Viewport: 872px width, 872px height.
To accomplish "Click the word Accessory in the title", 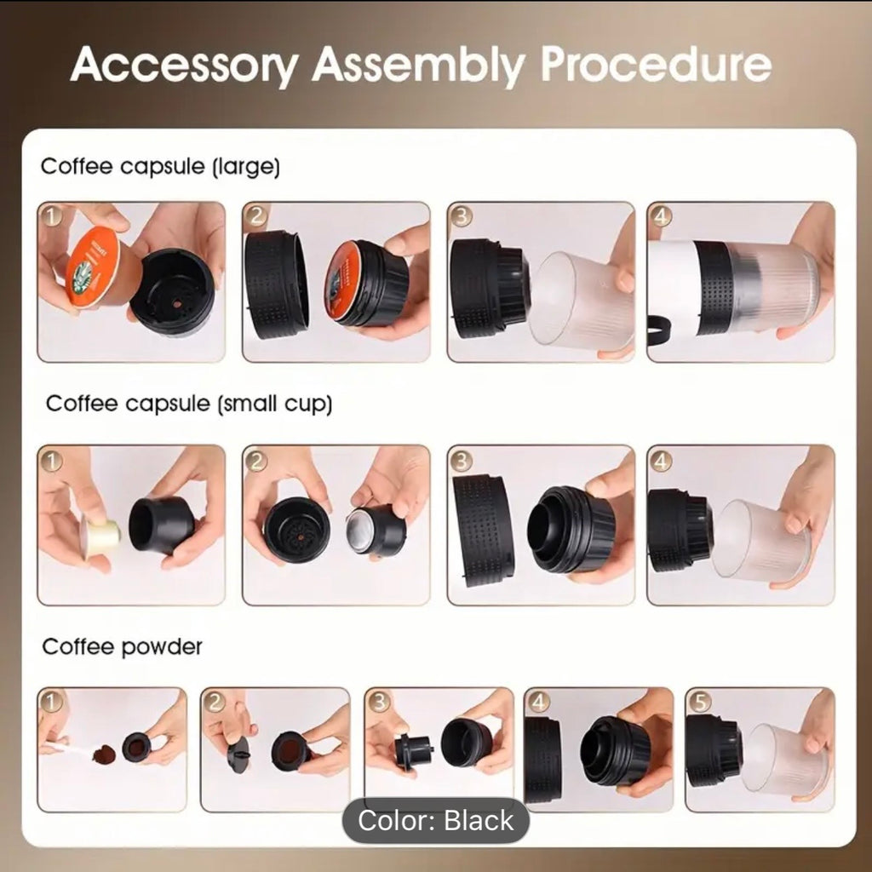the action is pyautogui.click(x=185, y=66).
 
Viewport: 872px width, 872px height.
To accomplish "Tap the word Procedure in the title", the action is pyautogui.click(x=657, y=65).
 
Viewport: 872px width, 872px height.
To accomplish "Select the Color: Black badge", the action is pyautogui.click(x=435, y=820).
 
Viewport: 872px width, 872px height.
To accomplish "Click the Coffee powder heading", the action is pyautogui.click(x=122, y=647).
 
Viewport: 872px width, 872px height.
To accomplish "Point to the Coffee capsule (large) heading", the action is pyautogui.click(x=160, y=166).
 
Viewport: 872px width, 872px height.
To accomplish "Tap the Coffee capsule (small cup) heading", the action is pyautogui.click(x=189, y=404).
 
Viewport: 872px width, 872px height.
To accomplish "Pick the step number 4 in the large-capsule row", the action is pyautogui.click(x=661, y=215).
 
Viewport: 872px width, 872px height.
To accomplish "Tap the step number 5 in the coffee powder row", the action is pyautogui.click(x=699, y=702).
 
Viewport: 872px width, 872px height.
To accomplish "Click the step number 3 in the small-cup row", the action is pyautogui.click(x=461, y=459).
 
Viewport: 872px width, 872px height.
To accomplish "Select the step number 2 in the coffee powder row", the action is pyautogui.click(x=214, y=702).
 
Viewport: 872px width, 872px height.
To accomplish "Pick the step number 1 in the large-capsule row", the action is pyautogui.click(x=52, y=215).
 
